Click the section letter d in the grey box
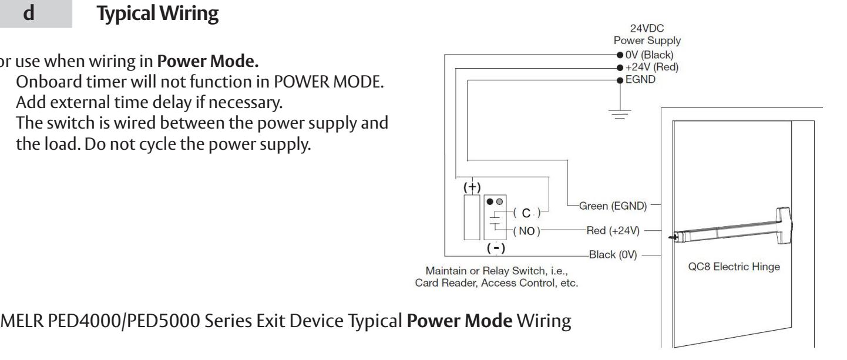(29, 14)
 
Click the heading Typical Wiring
(157, 14)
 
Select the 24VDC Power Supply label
(647, 35)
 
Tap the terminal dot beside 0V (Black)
(620, 55)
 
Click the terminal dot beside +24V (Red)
(620, 68)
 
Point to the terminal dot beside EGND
(620, 80)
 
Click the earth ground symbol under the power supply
(620, 114)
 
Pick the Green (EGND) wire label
(613, 206)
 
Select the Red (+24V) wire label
(613, 231)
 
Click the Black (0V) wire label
(613, 255)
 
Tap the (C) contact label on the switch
(527, 213)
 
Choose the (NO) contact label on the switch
(527, 231)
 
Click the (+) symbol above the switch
(472, 187)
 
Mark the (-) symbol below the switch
(496, 248)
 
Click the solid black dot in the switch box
(490, 201)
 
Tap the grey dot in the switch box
(499, 201)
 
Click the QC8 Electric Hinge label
(734, 267)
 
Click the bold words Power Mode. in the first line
(207, 61)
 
